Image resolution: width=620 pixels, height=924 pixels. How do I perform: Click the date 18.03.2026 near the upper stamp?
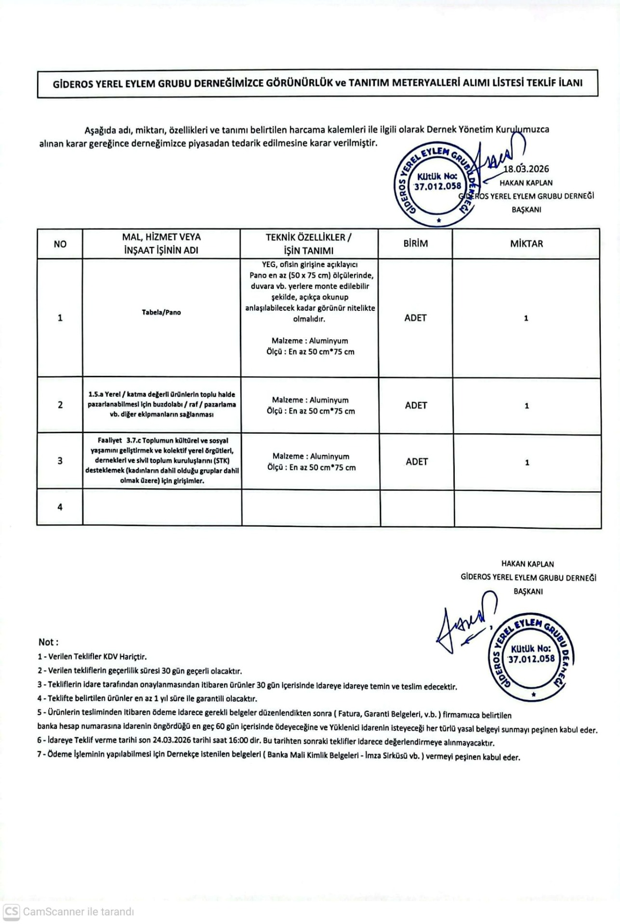point(526,169)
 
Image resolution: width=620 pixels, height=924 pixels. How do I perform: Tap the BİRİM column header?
point(415,244)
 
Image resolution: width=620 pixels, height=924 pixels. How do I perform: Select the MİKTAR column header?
point(526,244)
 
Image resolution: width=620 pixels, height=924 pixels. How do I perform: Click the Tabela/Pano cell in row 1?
point(161,312)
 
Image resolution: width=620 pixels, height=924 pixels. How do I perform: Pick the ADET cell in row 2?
point(416,405)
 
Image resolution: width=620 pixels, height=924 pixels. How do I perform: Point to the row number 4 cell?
point(60,507)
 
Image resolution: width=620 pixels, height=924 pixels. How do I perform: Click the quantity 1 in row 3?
point(527,462)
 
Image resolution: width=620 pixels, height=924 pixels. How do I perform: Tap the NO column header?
point(60,244)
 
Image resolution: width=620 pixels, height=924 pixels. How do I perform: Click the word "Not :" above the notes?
point(48,642)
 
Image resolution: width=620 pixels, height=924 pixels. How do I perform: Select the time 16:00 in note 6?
point(238,742)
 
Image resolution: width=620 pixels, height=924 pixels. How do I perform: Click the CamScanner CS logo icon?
point(11,911)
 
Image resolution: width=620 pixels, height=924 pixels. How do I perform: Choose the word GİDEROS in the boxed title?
point(72,83)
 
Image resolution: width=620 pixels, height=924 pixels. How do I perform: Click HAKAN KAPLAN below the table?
point(528,564)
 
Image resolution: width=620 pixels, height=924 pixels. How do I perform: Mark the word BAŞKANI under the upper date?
point(526,210)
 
